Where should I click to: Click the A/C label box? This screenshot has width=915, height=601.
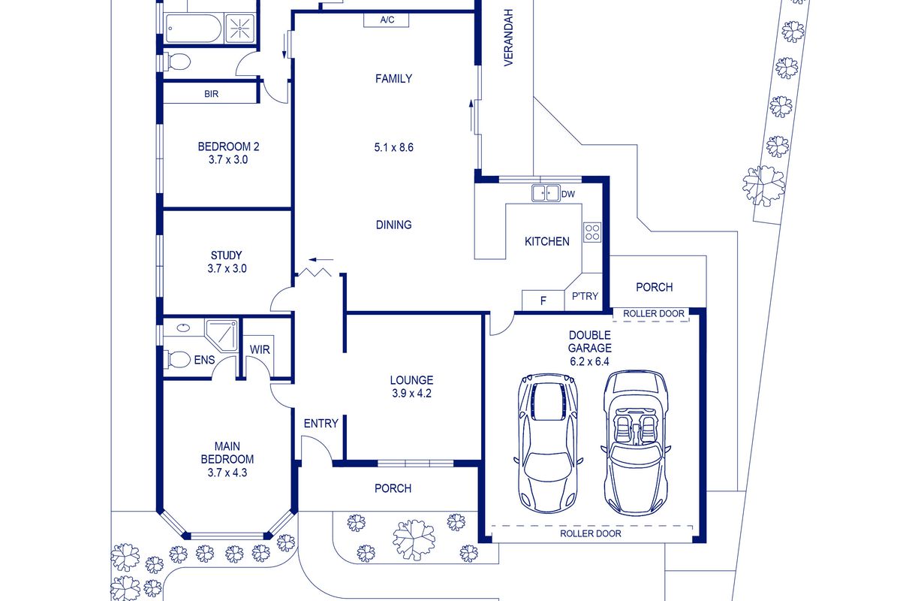tap(386, 20)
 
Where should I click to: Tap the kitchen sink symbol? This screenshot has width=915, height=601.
tap(546, 193)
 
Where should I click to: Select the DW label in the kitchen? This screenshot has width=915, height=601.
tap(567, 195)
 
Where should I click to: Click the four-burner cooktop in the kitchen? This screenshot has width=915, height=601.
tap(592, 232)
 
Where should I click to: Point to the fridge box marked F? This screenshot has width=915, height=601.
tap(543, 300)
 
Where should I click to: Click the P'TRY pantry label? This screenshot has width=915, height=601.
tap(585, 296)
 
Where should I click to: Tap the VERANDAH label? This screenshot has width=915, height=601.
tap(508, 38)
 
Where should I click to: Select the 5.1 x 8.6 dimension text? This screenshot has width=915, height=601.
tap(394, 147)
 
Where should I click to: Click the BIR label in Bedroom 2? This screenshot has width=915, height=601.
tap(211, 94)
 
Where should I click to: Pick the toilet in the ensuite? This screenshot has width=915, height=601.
tap(176, 359)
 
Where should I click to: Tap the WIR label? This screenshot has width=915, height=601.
tap(260, 349)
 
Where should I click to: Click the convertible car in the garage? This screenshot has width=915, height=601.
tap(636, 442)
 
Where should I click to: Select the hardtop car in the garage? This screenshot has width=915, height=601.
tap(548, 442)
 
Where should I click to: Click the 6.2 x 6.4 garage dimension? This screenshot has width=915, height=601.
tap(589, 361)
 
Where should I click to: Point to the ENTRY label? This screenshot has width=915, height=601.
tap(321, 424)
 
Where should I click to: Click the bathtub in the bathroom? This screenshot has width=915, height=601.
tap(193, 29)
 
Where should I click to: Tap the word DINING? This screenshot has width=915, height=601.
tap(394, 225)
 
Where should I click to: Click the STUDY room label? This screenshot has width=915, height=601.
tap(226, 255)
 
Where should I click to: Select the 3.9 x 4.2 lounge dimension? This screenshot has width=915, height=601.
tap(412, 394)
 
